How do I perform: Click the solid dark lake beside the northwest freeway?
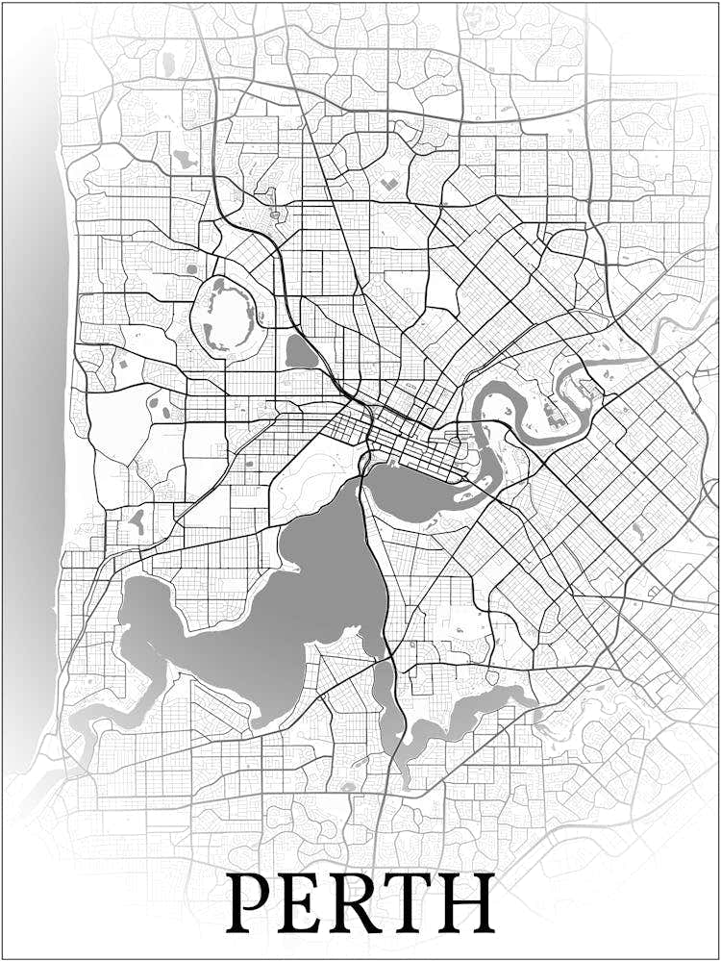tap(301, 353)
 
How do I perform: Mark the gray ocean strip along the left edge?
tap(34, 385)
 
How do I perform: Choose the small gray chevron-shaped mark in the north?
tap(388, 182)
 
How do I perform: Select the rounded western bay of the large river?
tap(144, 606)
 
